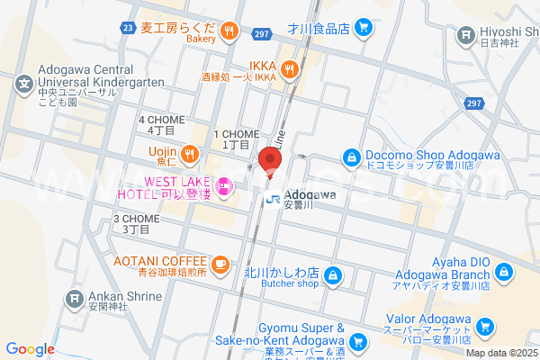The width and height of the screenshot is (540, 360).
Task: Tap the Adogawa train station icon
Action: click(272, 200)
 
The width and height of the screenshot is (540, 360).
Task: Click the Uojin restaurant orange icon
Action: click(190, 156)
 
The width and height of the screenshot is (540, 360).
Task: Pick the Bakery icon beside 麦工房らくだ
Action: click(229, 32)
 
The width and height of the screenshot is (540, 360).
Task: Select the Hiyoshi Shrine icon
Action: click(466, 35)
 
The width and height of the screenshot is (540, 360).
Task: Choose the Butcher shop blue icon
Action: click(333, 274)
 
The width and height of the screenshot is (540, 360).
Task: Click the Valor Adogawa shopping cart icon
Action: click(486, 327)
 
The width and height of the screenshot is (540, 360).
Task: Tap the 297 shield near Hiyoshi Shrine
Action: click(472, 104)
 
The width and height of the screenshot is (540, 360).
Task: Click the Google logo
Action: click(30, 349)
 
